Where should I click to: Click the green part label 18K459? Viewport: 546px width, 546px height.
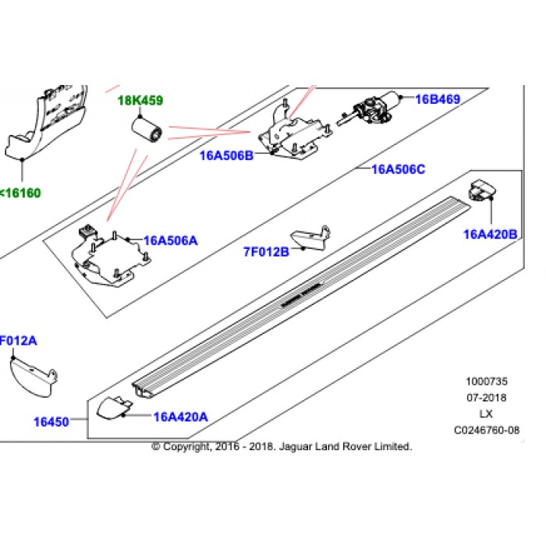coord(140,101)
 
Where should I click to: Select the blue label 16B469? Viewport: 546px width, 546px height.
coord(438,99)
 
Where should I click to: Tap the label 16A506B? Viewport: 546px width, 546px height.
coord(227,154)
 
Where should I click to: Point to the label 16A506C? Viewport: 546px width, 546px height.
coord(398,169)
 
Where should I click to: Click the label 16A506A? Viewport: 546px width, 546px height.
coord(171,241)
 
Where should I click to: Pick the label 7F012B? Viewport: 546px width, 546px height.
coord(266,251)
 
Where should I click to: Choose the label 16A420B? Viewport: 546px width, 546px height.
coord(491,233)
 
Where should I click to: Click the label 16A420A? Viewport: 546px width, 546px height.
coord(181,417)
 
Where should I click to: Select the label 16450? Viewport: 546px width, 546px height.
coord(51,422)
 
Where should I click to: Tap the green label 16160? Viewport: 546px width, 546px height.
coord(21,193)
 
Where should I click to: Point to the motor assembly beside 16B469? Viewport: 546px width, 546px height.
coord(374,108)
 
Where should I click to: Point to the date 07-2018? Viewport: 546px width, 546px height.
coord(486,398)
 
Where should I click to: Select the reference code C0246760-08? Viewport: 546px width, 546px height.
coord(486,429)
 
